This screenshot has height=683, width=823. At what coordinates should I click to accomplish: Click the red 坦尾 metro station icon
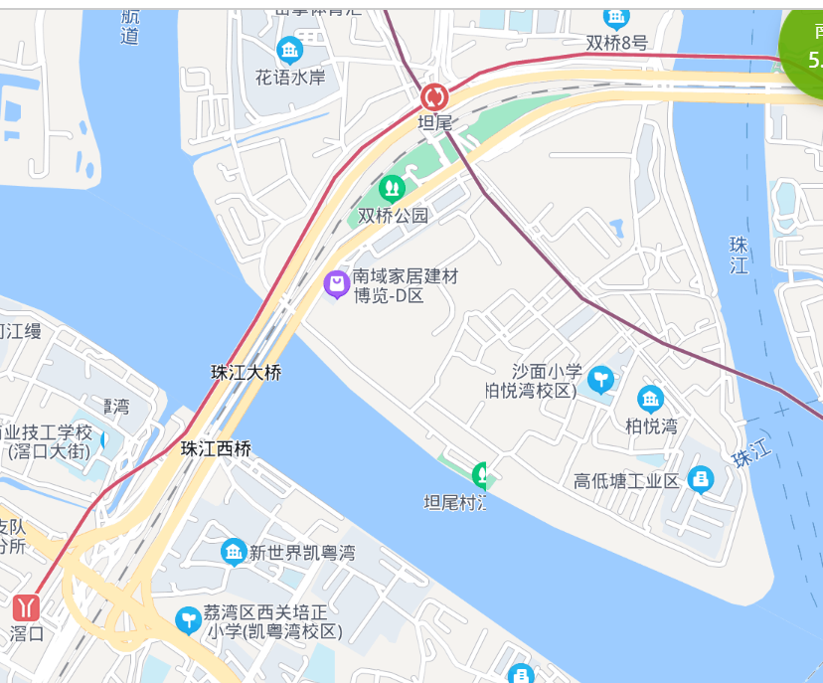click(x=434, y=97)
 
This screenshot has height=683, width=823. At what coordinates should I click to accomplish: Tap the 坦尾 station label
click(x=434, y=123)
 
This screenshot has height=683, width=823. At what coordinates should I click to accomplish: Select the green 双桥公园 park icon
click(x=393, y=187)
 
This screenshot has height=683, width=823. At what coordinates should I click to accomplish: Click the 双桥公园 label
click(x=393, y=215)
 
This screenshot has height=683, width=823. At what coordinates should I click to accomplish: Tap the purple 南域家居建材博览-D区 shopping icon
click(x=337, y=284)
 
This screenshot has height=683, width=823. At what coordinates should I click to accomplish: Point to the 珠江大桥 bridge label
click(x=247, y=373)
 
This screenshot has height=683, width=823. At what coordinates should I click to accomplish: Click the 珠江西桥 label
click(x=216, y=448)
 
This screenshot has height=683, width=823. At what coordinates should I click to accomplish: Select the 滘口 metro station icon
click(x=27, y=606)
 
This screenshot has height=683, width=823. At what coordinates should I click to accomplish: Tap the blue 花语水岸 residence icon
click(x=290, y=50)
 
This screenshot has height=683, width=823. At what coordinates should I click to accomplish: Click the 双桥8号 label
click(x=616, y=43)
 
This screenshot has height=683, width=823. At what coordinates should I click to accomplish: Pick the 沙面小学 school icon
click(x=600, y=379)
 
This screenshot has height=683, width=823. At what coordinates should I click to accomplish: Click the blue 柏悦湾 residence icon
click(x=651, y=400)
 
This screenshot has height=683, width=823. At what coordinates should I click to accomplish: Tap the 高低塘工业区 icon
click(x=701, y=479)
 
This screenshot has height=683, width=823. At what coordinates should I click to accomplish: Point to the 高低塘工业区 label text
click(x=626, y=481)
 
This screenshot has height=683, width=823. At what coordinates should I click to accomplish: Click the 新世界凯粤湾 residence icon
click(x=234, y=552)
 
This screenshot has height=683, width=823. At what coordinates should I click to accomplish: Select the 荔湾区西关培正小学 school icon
click(x=187, y=620)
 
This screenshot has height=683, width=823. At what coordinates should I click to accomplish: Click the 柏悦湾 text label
click(x=651, y=427)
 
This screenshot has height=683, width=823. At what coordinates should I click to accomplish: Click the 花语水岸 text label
click(x=290, y=76)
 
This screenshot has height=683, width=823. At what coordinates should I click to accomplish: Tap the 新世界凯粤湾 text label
click(x=301, y=553)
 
